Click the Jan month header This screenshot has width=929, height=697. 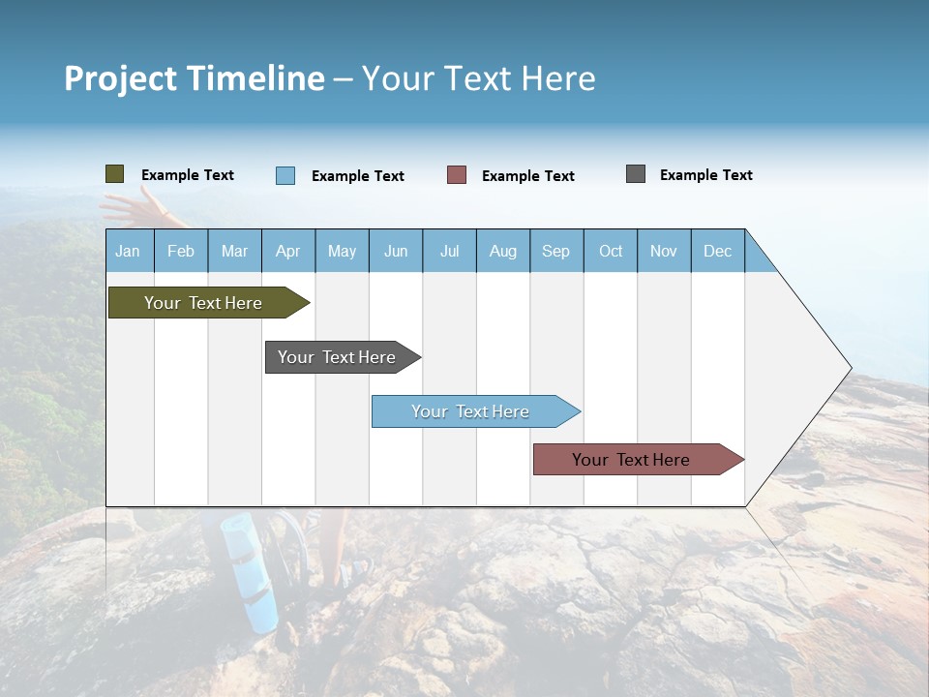[129, 251]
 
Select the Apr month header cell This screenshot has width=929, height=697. [288, 251]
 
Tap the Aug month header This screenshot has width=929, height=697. [503, 251]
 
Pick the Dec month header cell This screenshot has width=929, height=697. [718, 251]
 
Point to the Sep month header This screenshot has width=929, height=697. [556, 251]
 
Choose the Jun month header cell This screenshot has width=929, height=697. [396, 251]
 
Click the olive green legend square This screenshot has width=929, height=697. [115, 174]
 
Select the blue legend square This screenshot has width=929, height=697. [285, 175]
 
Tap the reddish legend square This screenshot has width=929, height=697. [457, 175]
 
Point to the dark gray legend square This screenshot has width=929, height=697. [636, 174]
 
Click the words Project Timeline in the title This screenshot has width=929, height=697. [194, 78]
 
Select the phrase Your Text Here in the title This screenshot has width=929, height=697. [479, 78]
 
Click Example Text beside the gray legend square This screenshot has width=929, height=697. [705, 175]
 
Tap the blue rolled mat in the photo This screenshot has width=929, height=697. [250, 571]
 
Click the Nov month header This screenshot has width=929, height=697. [664, 251]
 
